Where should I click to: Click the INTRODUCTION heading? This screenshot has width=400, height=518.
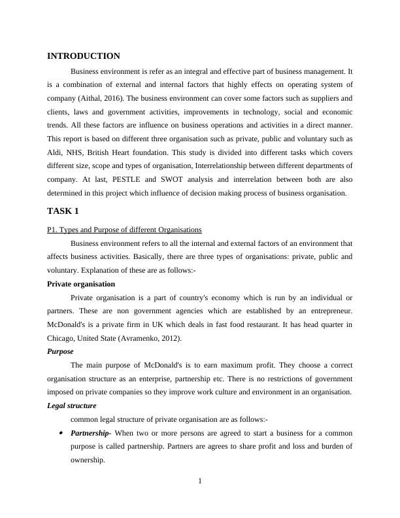tap(84, 56)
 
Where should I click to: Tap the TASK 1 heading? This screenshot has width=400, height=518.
tap(63, 211)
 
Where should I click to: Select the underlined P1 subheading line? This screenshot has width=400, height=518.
tap(124, 230)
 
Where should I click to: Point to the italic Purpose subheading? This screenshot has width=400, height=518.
tap(61, 351)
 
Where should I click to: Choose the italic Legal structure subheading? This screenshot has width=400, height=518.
tap(72, 406)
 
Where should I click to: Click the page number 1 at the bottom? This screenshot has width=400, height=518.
tap(200, 482)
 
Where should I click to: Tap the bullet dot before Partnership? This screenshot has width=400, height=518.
tap(61, 433)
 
